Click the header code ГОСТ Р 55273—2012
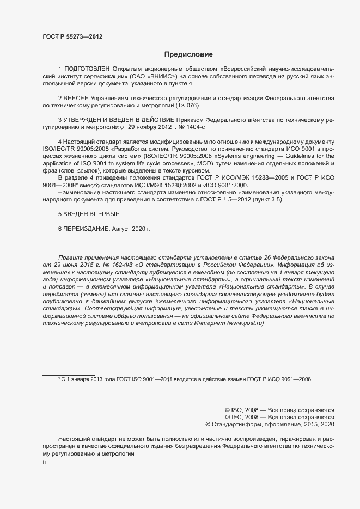click(x=72, y=37)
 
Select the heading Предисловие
click(x=188, y=54)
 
